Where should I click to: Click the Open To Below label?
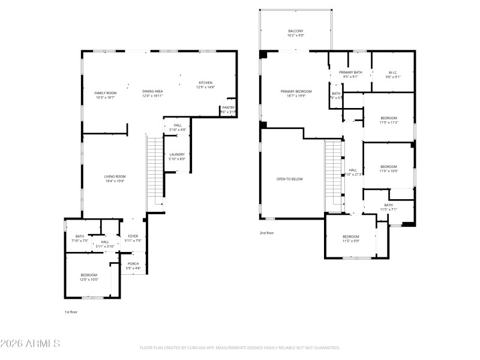[289, 179]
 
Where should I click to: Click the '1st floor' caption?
[71, 312]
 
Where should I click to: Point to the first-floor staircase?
[155, 171]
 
